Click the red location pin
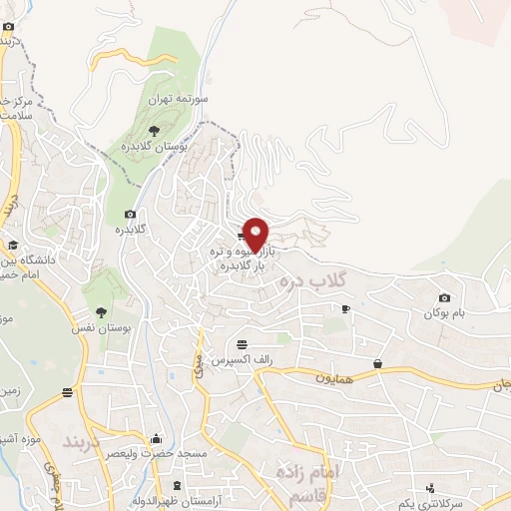point(256,234)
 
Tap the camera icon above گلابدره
point(131,214)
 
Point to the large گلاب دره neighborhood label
point(312,276)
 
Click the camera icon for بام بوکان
point(444,298)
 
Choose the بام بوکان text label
point(444,313)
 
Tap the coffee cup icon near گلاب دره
point(345,308)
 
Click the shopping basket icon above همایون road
point(378,363)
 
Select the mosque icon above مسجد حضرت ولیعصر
point(156,438)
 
